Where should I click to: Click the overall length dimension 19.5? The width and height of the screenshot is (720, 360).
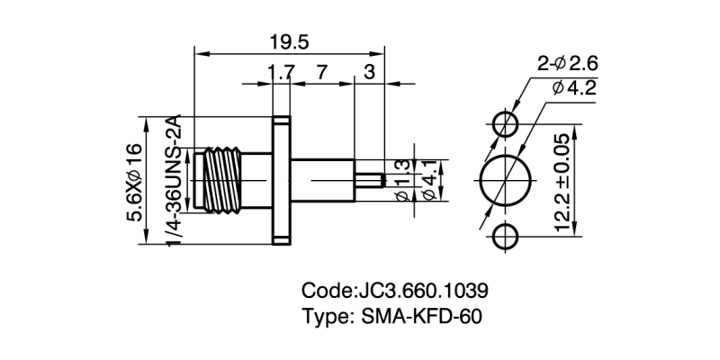(293, 42)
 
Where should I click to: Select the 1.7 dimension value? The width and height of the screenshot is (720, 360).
(280, 73)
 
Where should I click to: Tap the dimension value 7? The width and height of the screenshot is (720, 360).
(322, 73)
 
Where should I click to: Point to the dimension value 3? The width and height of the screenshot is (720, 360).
(370, 73)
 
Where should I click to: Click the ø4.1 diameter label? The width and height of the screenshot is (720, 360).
(429, 180)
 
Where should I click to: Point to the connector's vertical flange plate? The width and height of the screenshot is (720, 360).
(280, 180)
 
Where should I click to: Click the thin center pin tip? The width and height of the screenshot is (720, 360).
(371, 180)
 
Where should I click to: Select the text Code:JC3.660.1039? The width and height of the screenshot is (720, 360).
(395, 292)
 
